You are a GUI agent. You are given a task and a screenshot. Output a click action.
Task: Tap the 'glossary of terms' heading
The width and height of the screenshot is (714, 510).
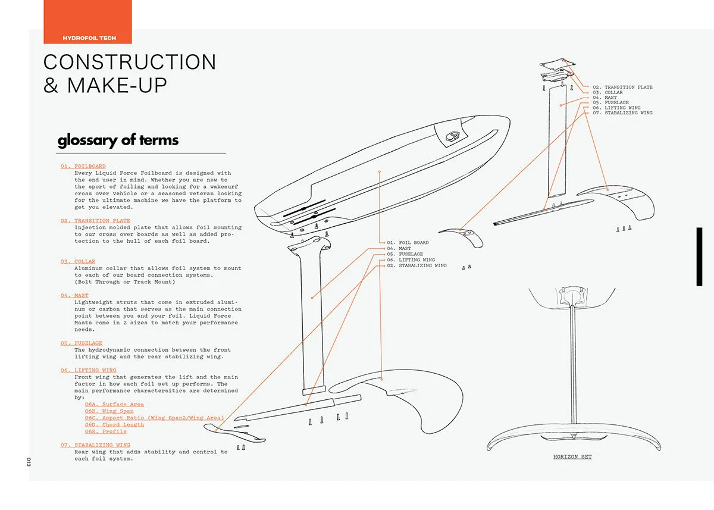tap(118, 140)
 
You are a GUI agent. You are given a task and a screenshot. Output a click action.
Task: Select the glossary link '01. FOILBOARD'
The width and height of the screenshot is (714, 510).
tap(83, 166)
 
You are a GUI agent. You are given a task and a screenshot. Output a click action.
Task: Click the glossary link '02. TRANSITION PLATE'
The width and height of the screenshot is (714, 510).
tap(95, 221)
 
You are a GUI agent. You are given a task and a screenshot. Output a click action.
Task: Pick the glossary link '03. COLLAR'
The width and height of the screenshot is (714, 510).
tap(78, 262)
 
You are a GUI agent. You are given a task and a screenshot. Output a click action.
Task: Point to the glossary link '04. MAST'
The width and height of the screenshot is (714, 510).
tap(74, 296)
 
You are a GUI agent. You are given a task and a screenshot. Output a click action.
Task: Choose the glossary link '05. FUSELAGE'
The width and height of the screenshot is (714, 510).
tap(82, 343)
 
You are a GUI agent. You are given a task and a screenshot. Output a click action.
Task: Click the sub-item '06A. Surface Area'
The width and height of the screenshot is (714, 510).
tap(114, 405)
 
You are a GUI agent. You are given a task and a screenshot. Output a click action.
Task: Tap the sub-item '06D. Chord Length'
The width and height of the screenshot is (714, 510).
tap(114, 425)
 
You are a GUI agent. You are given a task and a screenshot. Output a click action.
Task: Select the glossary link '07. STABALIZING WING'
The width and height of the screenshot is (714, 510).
tap(95, 445)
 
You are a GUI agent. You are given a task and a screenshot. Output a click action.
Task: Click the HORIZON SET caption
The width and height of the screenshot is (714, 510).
tap(572, 457)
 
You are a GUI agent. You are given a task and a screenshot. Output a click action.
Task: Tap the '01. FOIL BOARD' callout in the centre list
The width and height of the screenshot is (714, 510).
tap(408, 243)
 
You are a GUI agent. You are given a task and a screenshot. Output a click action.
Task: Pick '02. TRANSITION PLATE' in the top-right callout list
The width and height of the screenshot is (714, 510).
tap(622, 87)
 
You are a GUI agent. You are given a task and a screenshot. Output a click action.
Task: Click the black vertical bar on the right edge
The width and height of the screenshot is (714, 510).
tap(699, 256)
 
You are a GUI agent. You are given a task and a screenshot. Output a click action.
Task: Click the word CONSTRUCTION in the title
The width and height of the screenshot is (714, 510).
tap(130, 62)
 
